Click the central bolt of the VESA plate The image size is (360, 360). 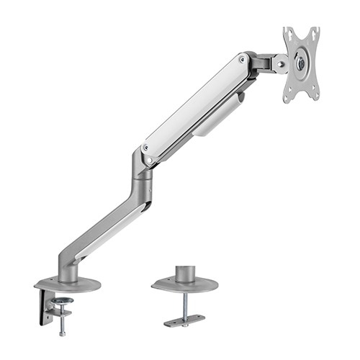point(300,63)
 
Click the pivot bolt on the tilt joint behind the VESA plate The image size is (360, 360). point(275,63)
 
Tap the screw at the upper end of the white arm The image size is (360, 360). point(241,59)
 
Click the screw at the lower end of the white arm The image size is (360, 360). point(147,148)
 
